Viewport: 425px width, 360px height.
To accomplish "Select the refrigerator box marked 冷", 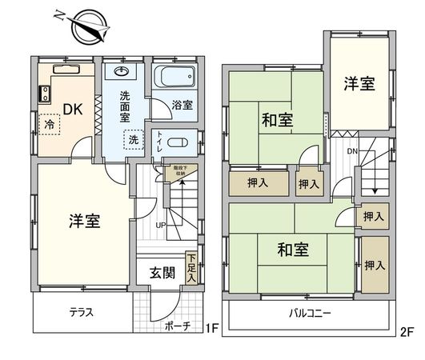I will (x=50, y=125).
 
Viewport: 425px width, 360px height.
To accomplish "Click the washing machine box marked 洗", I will (x=131, y=138).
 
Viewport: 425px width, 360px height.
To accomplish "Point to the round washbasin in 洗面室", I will (x=122, y=72).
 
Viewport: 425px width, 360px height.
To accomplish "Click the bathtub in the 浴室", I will (x=174, y=78).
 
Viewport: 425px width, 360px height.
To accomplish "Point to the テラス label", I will (x=80, y=313).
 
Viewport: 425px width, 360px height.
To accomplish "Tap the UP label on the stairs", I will (x=161, y=225).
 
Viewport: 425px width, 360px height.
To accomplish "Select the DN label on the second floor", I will (x=351, y=151).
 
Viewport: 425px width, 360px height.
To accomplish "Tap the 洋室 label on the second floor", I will (x=359, y=84).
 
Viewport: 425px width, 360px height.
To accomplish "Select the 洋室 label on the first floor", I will (x=83, y=222).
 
